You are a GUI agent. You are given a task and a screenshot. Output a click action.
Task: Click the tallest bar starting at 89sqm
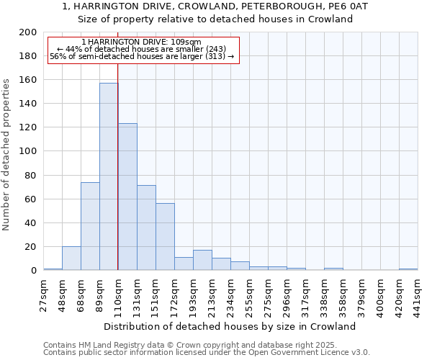[x=109, y=176]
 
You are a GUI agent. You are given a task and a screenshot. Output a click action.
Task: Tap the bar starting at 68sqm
[x=90, y=226]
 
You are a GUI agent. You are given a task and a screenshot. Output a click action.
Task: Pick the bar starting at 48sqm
[x=71, y=258]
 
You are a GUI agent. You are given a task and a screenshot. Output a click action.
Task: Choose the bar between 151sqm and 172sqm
[x=165, y=236]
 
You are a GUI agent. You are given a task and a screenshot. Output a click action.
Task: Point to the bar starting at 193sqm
[x=202, y=260]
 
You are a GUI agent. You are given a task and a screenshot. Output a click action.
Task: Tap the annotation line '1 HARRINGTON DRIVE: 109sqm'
[x=141, y=42]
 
